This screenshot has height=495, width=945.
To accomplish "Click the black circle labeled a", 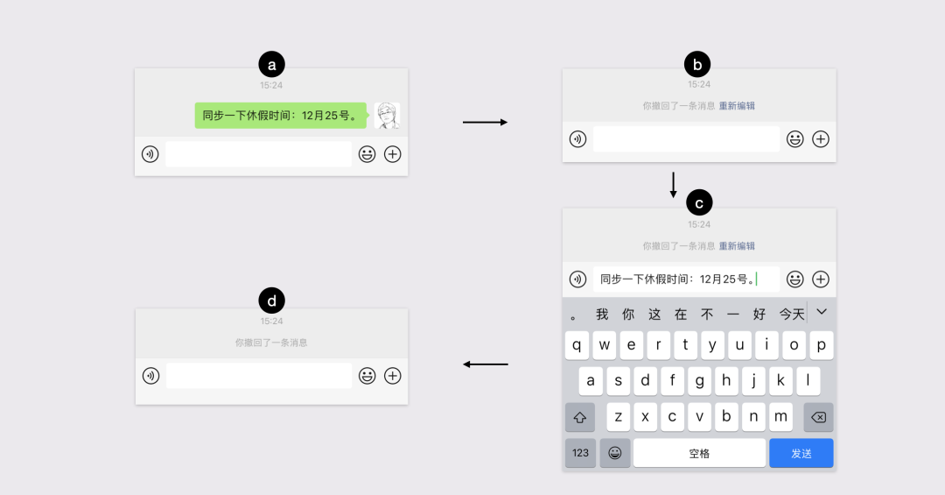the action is [x=271, y=64].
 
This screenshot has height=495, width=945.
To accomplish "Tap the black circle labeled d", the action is [x=271, y=301].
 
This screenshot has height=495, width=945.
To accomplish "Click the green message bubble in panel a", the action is [x=280, y=116].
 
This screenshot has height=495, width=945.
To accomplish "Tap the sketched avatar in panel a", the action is [x=387, y=116].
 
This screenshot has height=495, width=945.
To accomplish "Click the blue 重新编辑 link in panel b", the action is [x=737, y=106].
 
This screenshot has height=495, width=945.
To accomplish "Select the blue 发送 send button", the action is [x=801, y=453].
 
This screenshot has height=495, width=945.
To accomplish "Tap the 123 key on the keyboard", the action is [x=580, y=453].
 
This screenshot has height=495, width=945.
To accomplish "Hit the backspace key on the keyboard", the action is [x=818, y=417].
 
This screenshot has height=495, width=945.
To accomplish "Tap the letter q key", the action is [x=577, y=345].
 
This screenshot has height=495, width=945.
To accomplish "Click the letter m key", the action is [x=780, y=417].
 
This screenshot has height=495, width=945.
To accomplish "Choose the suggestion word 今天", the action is [x=792, y=314].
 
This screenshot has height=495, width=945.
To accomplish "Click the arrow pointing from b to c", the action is [x=673, y=184].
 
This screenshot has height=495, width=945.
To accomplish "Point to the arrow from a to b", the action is [x=485, y=123].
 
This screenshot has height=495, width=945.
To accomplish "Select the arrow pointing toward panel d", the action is [x=485, y=364].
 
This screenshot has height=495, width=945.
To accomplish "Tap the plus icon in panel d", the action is [x=393, y=376].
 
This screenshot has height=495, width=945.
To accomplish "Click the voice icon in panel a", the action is [x=150, y=154].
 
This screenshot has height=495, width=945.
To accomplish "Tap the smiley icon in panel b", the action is [x=794, y=138].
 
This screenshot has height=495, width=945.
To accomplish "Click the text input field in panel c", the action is [x=686, y=279].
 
